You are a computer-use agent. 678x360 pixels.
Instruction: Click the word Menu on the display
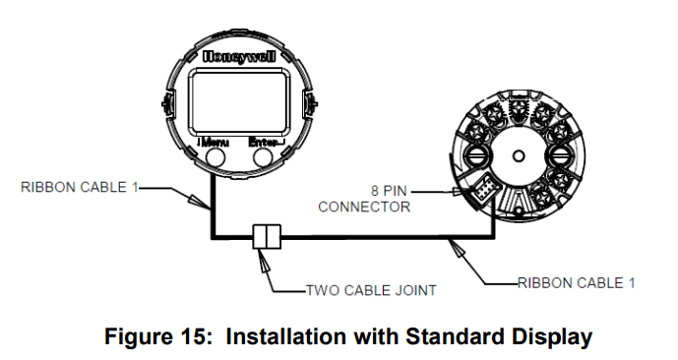pos(215,142)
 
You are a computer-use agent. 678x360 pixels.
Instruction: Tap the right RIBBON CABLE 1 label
pos(577,283)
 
